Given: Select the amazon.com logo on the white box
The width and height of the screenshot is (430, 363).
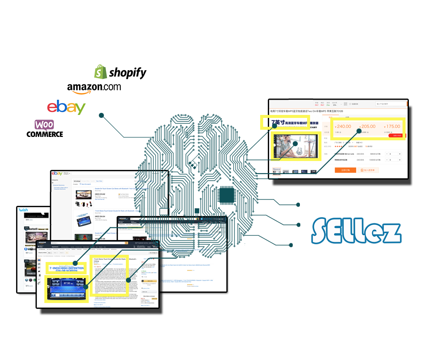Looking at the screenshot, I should click(x=94, y=87).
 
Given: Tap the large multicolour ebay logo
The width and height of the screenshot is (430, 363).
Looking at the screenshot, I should click(x=66, y=107).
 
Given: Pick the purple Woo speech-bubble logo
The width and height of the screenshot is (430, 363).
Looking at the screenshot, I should click(x=44, y=125).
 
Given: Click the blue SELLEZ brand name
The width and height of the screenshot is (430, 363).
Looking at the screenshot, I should click(x=356, y=231).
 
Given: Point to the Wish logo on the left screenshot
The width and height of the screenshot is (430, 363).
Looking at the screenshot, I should click(x=23, y=210).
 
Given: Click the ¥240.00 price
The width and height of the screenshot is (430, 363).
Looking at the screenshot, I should click(x=343, y=126).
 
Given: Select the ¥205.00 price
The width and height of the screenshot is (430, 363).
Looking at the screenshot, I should click(x=367, y=126).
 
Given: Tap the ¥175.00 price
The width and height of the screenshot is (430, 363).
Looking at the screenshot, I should click(x=392, y=126).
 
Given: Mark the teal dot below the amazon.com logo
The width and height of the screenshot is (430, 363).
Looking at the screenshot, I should click(x=101, y=115).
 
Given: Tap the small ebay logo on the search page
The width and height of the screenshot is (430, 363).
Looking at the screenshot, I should click(x=57, y=174).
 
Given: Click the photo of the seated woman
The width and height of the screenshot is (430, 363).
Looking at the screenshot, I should click(x=295, y=147).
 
